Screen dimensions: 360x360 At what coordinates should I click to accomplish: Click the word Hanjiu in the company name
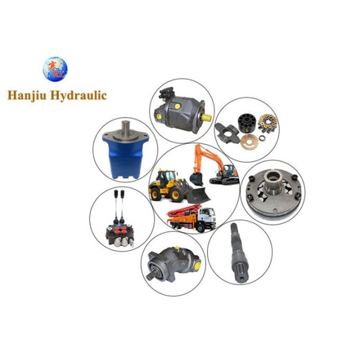[x=30, y=94]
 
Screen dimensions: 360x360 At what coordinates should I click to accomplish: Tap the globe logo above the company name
[x=55, y=70]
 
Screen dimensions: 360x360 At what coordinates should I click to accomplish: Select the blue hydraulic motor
[x=125, y=153]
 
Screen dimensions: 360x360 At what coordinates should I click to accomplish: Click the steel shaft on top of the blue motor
[x=127, y=128]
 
